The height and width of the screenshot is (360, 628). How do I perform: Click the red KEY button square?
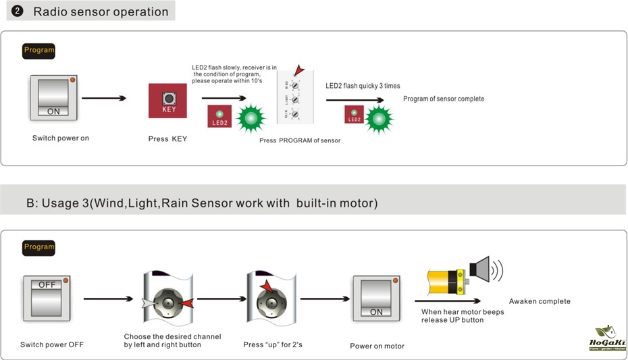tap(167, 101)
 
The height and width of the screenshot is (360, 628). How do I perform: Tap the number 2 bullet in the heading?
tap(18, 11)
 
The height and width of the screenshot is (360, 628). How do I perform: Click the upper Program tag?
tap(39, 51)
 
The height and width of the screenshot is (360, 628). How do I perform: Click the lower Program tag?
tap(39, 247)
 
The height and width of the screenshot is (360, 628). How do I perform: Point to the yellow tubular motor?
tap(446, 278)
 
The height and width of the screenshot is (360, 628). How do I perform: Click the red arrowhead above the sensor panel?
tap(298, 70)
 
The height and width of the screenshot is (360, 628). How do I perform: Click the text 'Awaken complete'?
tap(540, 301)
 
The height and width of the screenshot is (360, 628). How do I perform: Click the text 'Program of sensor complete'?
tap(444, 99)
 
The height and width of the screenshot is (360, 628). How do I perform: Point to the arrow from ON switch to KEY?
tap(105, 99)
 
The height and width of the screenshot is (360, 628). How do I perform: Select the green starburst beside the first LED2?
tap(252, 119)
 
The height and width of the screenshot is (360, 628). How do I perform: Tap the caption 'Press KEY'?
tap(167, 139)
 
